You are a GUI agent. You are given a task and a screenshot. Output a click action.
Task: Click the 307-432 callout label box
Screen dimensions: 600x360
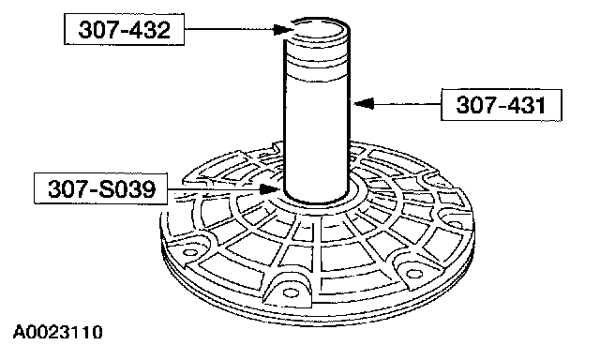(x=124, y=29)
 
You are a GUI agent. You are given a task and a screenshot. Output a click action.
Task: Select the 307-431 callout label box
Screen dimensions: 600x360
(x=502, y=105)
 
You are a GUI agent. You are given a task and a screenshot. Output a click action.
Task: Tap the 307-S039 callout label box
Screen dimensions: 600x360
(x=101, y=188)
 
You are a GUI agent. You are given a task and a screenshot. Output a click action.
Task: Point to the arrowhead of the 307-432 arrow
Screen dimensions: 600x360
(x=284, y=29)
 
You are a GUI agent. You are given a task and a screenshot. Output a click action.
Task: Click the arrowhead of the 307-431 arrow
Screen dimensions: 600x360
(x=364, y=103)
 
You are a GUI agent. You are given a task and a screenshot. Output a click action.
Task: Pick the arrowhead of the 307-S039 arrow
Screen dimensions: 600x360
(x=270, y=189)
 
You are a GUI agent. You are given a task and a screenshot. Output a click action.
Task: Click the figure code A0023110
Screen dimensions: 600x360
(x=58, y=332)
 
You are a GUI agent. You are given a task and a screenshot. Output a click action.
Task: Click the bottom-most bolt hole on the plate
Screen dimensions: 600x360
(x=291, y=292)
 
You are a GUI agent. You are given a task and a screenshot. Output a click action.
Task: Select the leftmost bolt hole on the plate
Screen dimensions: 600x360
(x=189, y=252)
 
